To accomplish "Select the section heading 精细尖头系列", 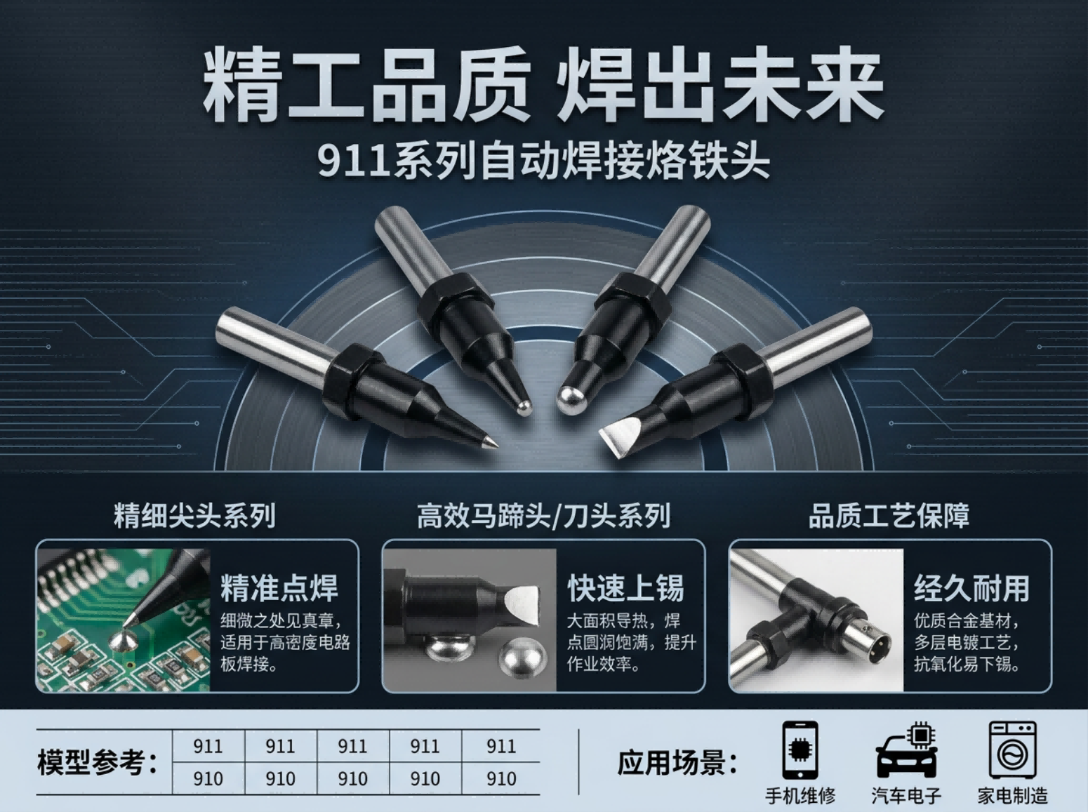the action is tap(195, 516).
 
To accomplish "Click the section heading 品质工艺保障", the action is tap(889, 516).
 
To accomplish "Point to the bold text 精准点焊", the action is tap(279, 588).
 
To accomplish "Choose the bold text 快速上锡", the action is tap(625, 588).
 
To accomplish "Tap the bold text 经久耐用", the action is tap(972, 588).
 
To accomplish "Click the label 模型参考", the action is tap(97, 762).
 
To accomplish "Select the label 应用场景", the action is tap(677, 762).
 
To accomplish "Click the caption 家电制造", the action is tap(1013, 796).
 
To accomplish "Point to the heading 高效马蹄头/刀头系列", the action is tap(543, 516).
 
